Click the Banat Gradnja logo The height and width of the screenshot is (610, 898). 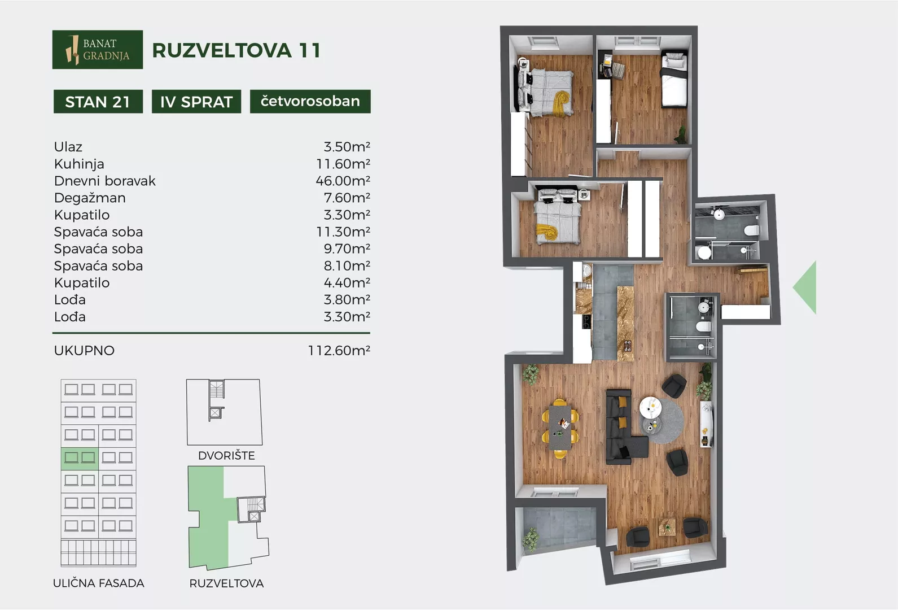click(98, 49)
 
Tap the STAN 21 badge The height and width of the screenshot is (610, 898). click(98, 102)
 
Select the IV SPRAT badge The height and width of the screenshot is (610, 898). click(196, 102)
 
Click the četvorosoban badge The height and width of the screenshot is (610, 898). click(310, 102)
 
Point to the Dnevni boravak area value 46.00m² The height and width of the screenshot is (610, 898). click(343, 181)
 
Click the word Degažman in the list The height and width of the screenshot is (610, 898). click(90, 198)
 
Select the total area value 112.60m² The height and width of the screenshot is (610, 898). click(339, 351)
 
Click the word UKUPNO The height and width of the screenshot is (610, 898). click(84, 351)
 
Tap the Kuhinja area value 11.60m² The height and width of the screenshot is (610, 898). click(343, 164)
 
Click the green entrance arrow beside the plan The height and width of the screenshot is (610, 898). click(807, 287)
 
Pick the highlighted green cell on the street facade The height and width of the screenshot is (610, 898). click(80, 459)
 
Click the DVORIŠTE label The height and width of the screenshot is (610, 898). click(226, 456)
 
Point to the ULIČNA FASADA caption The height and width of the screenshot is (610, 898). click(99, 583)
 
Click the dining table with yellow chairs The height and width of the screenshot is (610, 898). click(560, 428)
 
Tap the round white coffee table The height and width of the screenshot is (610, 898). click(650, 408)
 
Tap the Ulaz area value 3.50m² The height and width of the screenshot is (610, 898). click(347, 147)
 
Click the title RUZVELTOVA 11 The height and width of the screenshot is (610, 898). click(236, 50)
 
